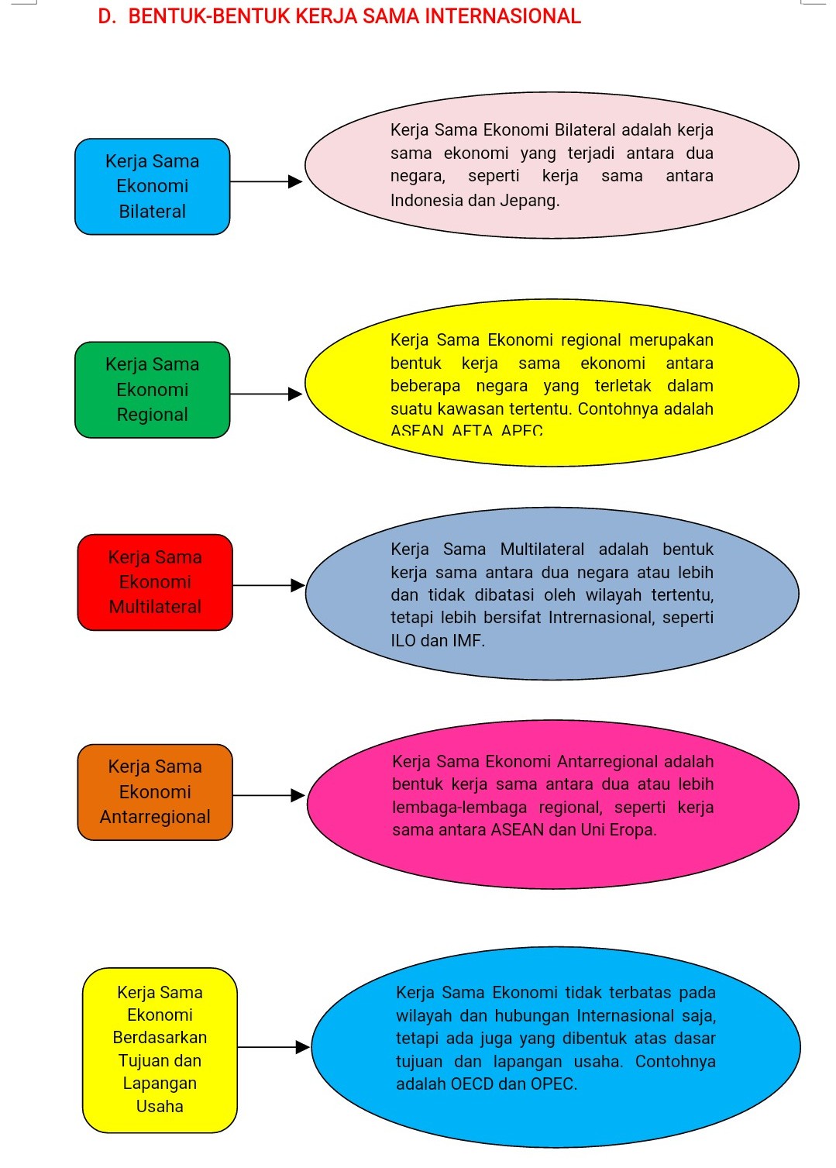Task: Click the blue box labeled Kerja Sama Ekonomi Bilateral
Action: coord(152,186)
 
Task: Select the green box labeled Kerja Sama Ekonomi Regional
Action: coord(152,390)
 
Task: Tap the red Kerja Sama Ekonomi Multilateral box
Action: coord(155,582)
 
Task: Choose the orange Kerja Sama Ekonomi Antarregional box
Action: coord(155,792)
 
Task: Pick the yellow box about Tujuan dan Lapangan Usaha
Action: coord(160,1049)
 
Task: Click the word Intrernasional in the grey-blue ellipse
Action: coord(600,618)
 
